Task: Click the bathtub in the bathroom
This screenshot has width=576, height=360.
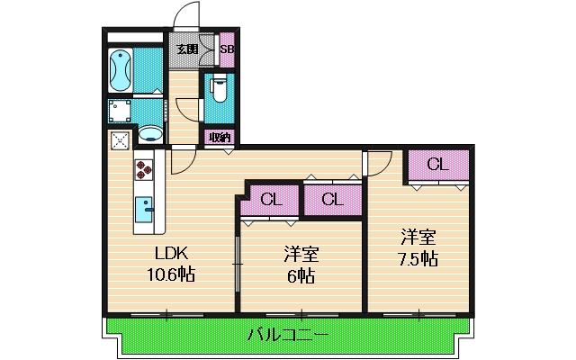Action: (120, 69)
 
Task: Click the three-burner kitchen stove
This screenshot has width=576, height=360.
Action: (144, 171)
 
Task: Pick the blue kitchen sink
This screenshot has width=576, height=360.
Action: (144, 211)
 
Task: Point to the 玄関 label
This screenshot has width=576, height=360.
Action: (186, 49)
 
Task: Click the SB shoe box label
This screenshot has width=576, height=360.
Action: (228, 49)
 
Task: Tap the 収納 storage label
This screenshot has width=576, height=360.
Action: (219, 137)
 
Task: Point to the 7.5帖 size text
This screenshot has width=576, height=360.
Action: (418, 259)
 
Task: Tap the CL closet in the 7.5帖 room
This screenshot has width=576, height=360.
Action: (437, 165)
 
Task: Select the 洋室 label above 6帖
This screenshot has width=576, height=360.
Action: (301, 254)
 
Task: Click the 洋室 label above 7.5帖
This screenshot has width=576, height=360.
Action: (418, 238)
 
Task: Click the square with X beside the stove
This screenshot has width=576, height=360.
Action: (121, 139)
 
